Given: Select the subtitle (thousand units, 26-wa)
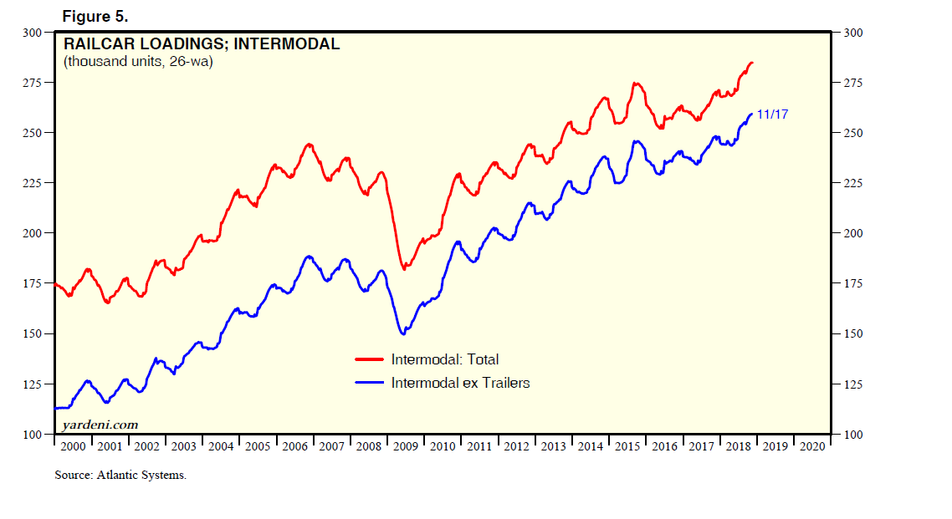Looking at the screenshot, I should point(138,62).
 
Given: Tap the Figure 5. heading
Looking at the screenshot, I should point(95,17).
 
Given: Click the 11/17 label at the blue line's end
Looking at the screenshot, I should point(772,114).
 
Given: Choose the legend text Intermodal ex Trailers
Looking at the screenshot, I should point(460,383).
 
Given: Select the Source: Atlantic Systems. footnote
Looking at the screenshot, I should point(120,476).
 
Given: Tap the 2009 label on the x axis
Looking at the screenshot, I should point(406,446).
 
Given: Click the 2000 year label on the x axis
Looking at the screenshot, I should point(74,446).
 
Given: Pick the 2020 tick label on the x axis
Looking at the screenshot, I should point(811,446).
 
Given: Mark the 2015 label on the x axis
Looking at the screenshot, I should point(627,446).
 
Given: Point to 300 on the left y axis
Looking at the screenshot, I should point(31,33).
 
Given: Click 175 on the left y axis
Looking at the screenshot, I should point(31,283).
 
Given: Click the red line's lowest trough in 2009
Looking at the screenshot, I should point(405,269).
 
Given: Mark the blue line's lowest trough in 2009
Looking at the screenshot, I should point(403,334).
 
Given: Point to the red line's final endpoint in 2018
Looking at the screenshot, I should point(752,63).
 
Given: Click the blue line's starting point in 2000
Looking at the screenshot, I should point(55,408).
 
